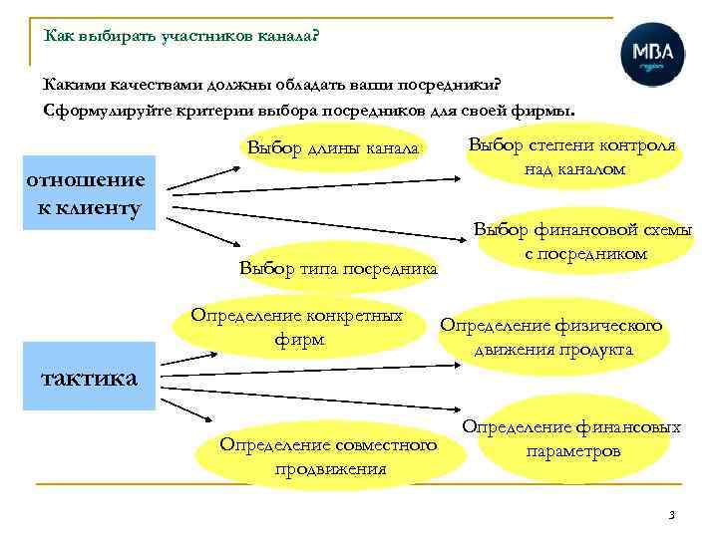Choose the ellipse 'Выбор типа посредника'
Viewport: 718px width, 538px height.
pos(338,267)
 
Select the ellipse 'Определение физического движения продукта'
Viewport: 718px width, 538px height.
pos(551,337)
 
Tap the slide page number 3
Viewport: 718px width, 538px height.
pos(672,515)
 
